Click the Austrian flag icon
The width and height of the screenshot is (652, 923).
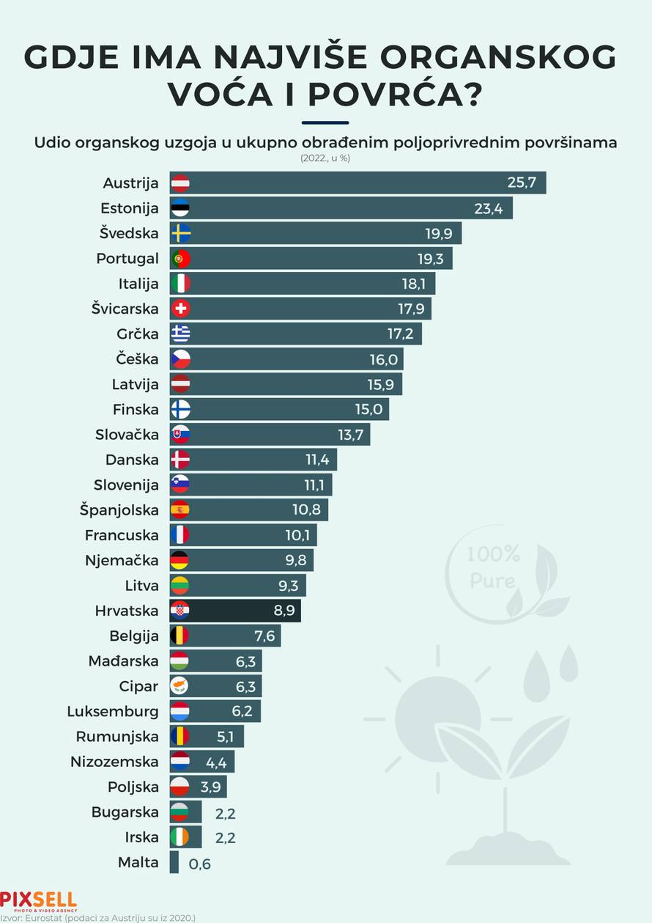tap(180, 183)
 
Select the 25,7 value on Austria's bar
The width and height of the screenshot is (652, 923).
tap(522, 183)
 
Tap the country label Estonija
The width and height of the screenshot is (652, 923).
tap(130, 208)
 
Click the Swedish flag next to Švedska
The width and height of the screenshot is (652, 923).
tap(180, 234)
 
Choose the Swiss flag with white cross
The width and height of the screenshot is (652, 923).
tap(180, 309)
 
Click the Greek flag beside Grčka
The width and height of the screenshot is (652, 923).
tap(180, 334)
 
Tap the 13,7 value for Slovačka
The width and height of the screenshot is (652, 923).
tap(351, 435)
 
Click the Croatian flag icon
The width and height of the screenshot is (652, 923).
tap(180, 611)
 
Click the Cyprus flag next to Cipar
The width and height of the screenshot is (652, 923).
tap(180, 686)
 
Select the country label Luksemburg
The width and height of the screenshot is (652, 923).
tap(112, 711)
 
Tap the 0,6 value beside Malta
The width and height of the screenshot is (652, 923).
tap(199, 864)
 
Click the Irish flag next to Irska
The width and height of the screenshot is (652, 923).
tap(180, 837)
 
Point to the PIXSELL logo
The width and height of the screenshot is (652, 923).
tap(38, 900)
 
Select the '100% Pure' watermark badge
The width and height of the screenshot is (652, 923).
tap(494, 568)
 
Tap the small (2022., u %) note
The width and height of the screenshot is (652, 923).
tap(325, 158)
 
